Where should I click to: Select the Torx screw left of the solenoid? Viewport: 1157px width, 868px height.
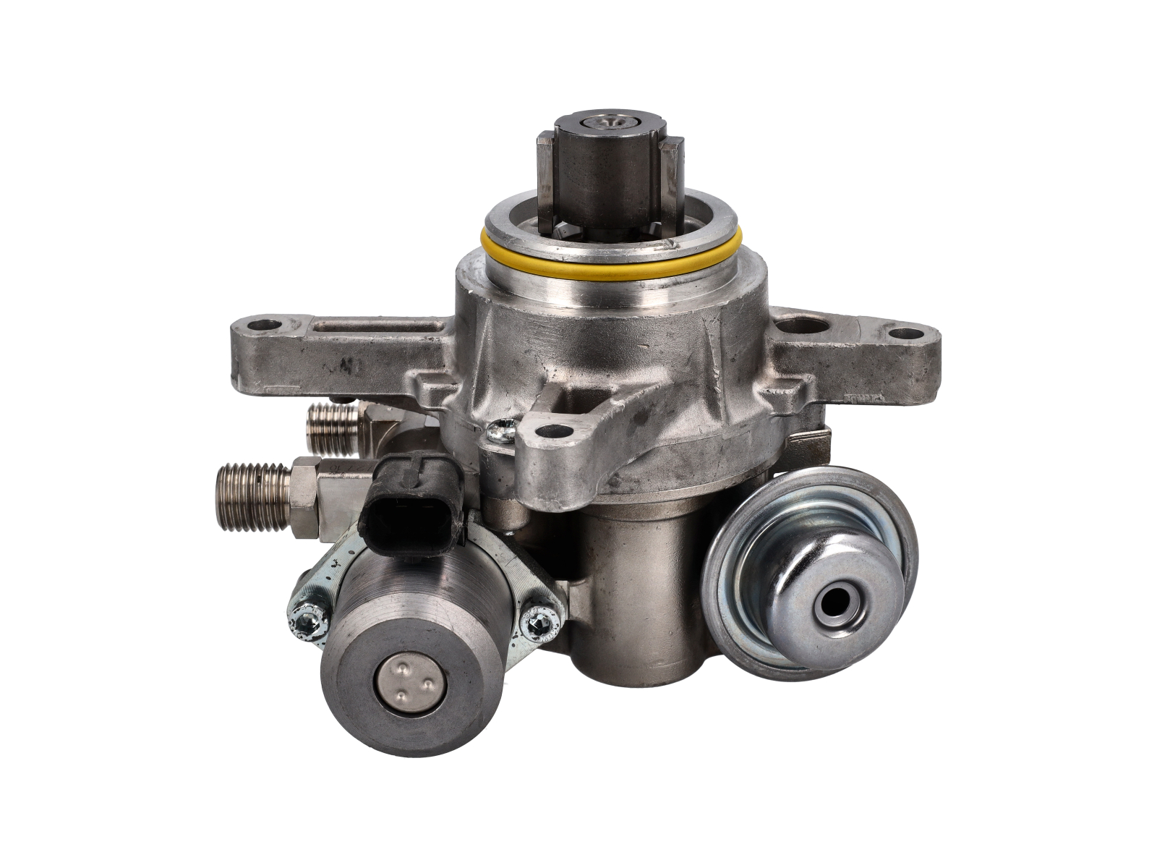[x=304, y=617]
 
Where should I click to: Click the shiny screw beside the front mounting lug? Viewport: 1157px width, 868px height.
[x=502, y=432]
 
